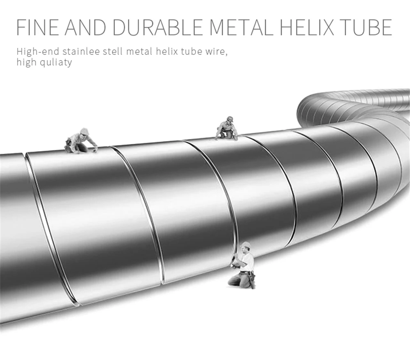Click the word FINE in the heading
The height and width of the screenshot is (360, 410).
[38, 27]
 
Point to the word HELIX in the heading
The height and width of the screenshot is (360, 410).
[307, 27]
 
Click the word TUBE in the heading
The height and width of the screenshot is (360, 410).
[365, 27]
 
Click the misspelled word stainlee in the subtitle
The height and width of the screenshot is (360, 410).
[81, 51]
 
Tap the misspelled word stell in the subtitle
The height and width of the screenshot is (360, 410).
[113, 51]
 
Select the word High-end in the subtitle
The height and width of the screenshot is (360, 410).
[38, 52]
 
